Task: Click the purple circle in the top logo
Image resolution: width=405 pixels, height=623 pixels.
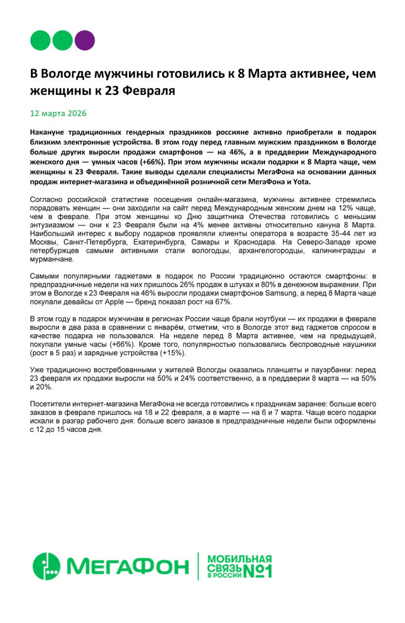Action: pyautogui.click(x=85, y=40)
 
